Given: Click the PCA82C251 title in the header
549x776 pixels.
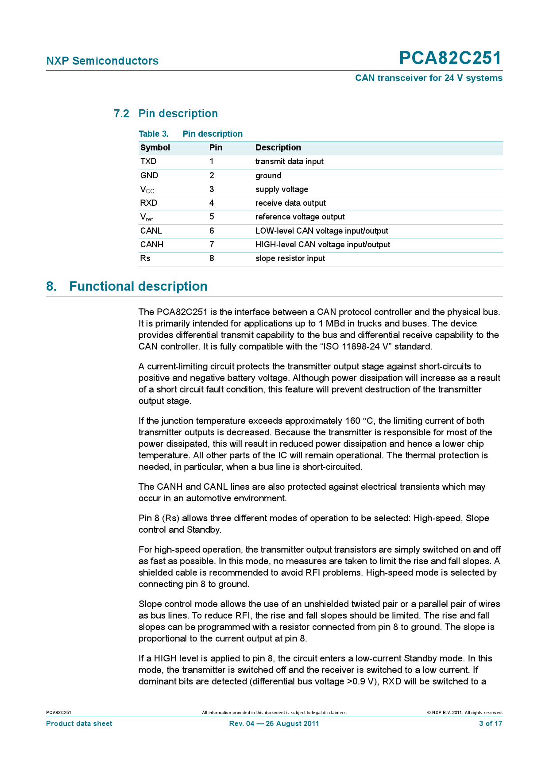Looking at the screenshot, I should tap(450, 58).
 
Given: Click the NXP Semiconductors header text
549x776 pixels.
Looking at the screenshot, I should tap(102, 61).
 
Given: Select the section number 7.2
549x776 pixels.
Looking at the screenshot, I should tap(121, 114).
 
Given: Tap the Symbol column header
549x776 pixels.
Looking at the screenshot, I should tap(155, 148).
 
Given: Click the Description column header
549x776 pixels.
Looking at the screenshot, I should tap(278, 148).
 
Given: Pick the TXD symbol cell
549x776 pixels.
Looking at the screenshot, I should tap(148, 161).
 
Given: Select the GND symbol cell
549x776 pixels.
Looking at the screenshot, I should tap(149, 176).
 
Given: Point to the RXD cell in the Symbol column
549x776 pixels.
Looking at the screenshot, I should tap(149, 203).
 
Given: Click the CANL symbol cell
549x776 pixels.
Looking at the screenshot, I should tap(151, 231).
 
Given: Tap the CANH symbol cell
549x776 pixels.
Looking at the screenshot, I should tap(152, 245).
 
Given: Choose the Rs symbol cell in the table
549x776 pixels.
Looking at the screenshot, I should tap(145, 258).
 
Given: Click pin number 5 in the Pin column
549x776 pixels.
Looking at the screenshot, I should tap(212, 217).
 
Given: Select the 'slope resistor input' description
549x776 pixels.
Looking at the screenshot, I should tap(290, 258).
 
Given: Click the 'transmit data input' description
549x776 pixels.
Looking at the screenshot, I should tap(289, 161).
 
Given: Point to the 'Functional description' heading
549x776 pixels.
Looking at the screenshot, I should tap(138, 287).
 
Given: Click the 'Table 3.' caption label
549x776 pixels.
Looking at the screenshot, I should tap(154, 134).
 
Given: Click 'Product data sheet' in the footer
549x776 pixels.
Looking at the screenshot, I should tap(79, 724).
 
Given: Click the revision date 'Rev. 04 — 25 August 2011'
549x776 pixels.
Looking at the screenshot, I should tap(274, 724).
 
